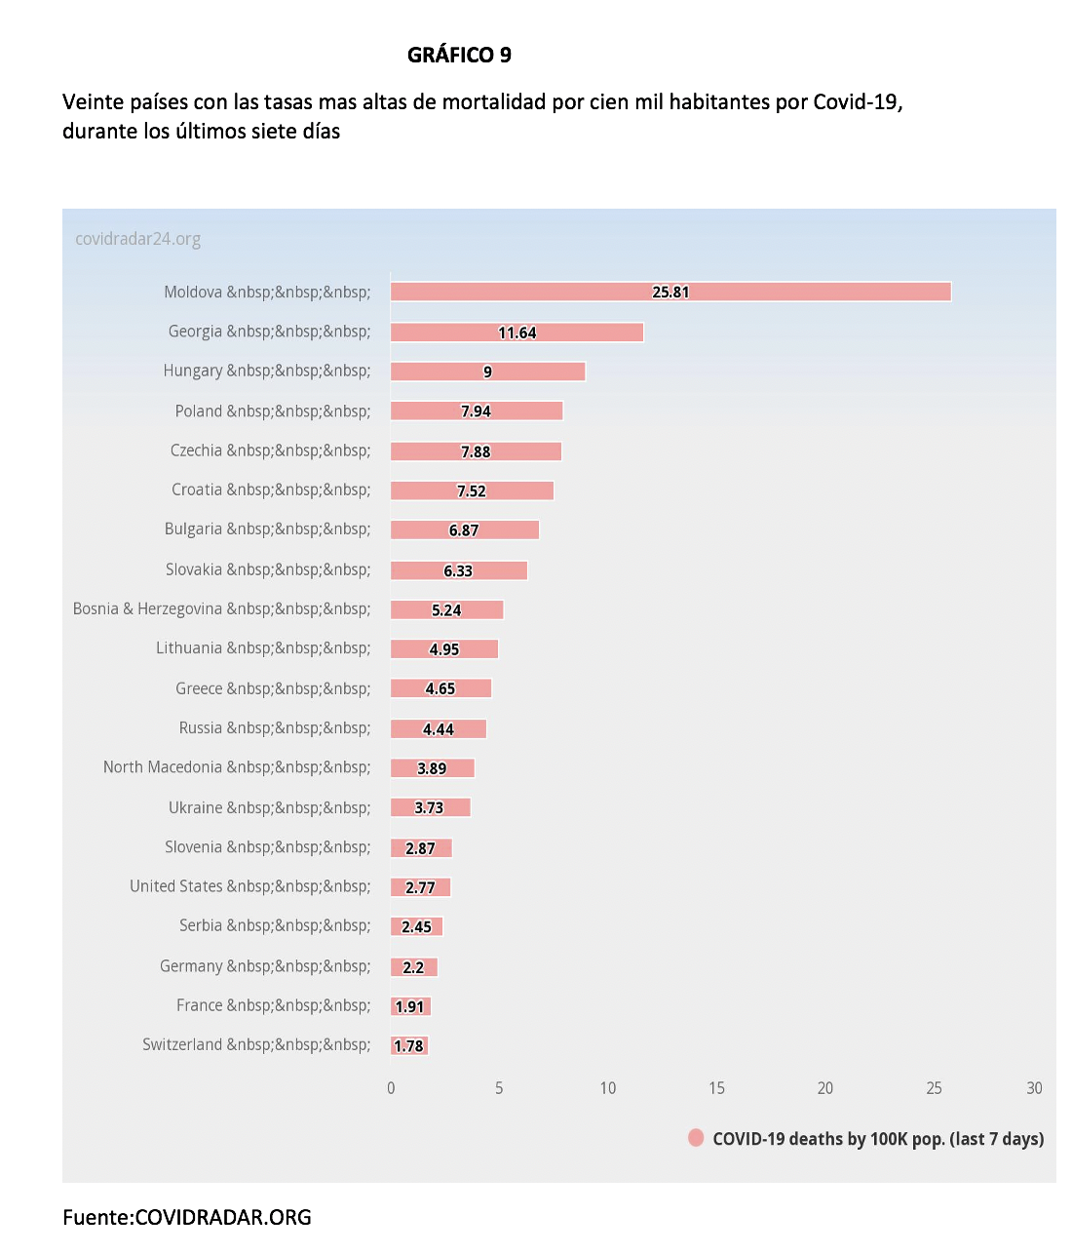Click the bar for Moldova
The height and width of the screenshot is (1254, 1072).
click(670, 292)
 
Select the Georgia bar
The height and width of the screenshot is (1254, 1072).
click(517, 332)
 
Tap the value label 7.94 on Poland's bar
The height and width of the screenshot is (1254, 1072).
click(476, 411)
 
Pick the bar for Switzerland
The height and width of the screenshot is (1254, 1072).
click(409, 1045)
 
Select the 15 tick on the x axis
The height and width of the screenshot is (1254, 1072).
click(716, 1088)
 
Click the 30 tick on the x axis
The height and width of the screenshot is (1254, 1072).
click(1034, 1088)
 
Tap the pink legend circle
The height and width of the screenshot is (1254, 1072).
click(696, 1138)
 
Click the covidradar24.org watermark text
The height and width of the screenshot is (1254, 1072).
click(137, 239)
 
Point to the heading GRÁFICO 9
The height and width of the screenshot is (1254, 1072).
click(459, 55)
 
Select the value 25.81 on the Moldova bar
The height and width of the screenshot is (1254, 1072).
click(670, 292)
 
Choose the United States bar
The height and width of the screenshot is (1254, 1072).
click(420, 887)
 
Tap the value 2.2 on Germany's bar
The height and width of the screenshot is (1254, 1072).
click(413, 967)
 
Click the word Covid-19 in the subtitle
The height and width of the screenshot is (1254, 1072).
click(858, 102)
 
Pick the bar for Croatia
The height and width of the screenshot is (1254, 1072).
click(472, 490)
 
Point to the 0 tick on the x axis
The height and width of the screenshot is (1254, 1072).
click(391, 1088)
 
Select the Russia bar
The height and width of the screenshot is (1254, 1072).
click(439, 728)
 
